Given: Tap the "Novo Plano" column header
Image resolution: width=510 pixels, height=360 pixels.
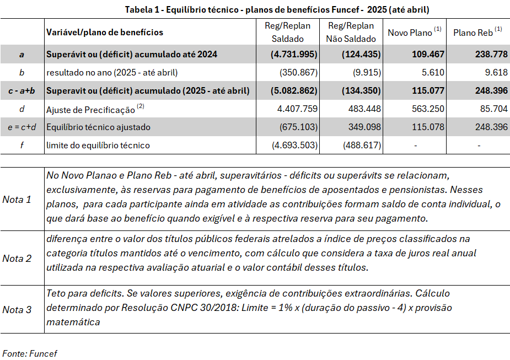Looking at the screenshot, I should click(414, 32).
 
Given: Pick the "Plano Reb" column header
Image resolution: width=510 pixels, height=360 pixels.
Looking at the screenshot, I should click(477, 32).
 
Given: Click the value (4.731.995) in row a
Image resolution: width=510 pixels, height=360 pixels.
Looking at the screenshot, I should click(294, 55).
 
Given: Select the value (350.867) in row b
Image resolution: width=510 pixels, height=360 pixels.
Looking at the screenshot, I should click(298, 72).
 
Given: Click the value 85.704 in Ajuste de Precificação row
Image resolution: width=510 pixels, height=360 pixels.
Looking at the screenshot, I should click(494, 109).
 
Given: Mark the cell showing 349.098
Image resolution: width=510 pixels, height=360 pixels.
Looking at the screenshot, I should click(358, 127).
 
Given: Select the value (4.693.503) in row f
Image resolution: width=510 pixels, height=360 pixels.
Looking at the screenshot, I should click(295, 145).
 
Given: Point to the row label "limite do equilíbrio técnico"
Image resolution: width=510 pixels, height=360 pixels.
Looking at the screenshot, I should click(98, 145).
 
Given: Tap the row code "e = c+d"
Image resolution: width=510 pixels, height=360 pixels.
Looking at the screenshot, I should click(22, 127).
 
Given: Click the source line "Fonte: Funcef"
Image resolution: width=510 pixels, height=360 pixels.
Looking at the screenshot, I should click(30, 353).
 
